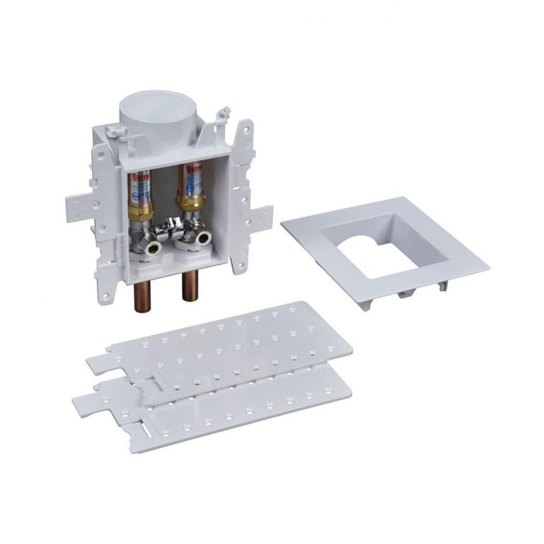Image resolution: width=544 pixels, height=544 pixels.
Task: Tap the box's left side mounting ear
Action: click(x=82, y=209)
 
